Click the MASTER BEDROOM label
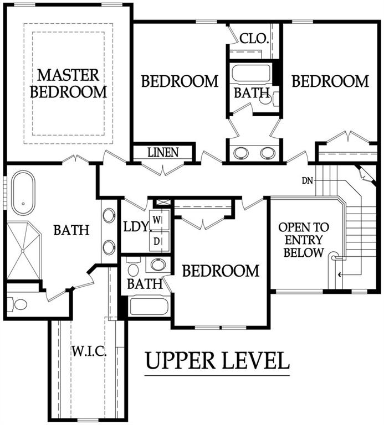tap(68, 84)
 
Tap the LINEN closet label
tap(163, 152)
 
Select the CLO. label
tap(254, 39)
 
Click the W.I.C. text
tap(89, 351)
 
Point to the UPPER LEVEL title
tap(217, 360)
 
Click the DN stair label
tap(308, 180)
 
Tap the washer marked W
tap(160, 220)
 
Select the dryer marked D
tap(160, 241)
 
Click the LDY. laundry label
tap(136, 226)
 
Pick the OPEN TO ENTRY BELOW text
tap(304, 240)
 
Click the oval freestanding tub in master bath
tap(23, 193)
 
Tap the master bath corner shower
tap(24, 251)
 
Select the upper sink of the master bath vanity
tap(109, 215)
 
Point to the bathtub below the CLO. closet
tap(252, 72)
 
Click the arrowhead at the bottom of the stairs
tap(340, 274)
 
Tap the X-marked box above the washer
tap(161, 202)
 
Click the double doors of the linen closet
tap(163, 169)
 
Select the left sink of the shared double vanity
tap(241, 153)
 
